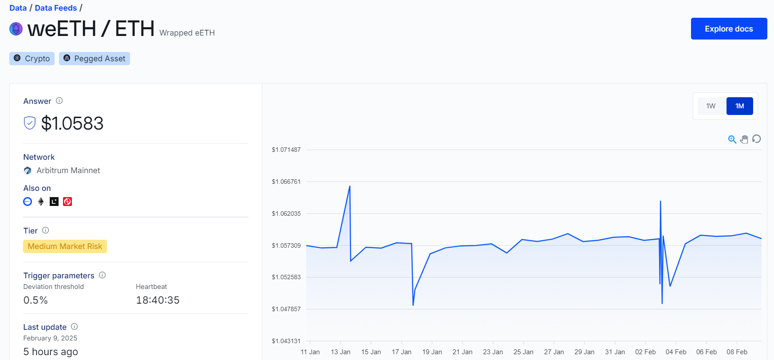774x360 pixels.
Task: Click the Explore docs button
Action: (x=729, y=29)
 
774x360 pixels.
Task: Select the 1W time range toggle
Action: (x=711, y=106)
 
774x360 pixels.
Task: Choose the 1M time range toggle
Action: (x=739, y=106)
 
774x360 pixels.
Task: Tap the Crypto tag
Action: (x=32, y=59)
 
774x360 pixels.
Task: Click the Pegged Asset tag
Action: (x=95, y=59)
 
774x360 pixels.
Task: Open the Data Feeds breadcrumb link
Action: (x=56, y=8)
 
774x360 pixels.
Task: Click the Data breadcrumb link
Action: (x=18, y=8)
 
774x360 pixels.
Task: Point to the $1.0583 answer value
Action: (x=72, y=123)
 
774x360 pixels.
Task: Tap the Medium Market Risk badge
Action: (x=65, y=246)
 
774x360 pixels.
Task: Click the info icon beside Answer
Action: (x=59, y=101)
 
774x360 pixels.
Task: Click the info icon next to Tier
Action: (x=45, y=230)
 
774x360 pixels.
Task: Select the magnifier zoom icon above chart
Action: (x=732, y=139)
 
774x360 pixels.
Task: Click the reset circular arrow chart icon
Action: (x=757, y=139)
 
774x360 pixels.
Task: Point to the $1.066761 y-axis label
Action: (x=286, y=182)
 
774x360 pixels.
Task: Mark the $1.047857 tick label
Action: (x=286, y=309)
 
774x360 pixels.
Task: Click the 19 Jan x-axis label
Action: (x=432, y=352)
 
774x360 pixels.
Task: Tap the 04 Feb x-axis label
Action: (x=676, y=352)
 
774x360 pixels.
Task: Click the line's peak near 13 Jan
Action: (x=350, y=186)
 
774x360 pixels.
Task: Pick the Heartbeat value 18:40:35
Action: (x=158, y=301)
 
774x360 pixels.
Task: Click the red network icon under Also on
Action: (x=67, y=202)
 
